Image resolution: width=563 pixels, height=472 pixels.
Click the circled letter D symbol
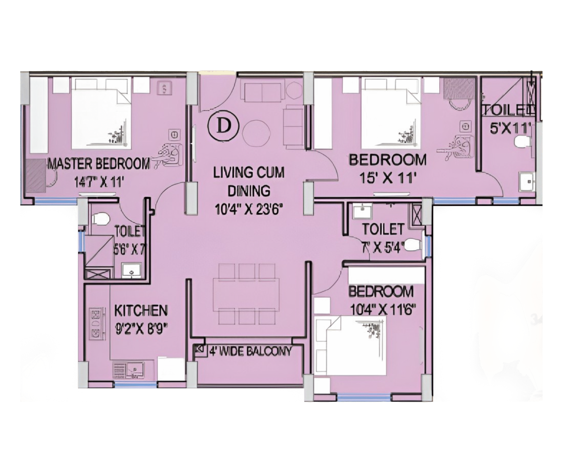223,126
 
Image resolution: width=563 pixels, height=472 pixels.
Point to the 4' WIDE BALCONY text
250,351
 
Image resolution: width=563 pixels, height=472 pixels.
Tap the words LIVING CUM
249,172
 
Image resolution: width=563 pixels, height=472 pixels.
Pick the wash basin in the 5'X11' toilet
527,182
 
